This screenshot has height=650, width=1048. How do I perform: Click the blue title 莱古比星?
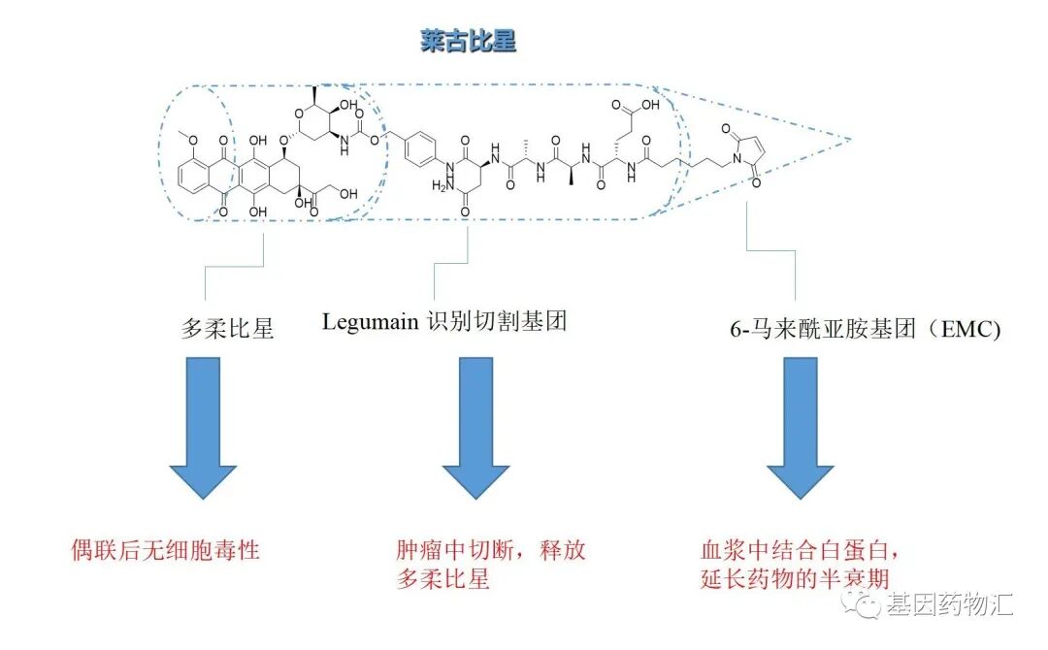468,42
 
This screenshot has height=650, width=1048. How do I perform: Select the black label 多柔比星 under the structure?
228,328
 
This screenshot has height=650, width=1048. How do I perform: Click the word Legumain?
371,321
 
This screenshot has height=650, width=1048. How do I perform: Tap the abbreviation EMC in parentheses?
970,329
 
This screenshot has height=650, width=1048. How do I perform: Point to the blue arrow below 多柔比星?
203,427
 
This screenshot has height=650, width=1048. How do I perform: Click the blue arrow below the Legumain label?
475,427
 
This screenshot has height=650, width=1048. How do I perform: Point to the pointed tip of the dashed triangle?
851,139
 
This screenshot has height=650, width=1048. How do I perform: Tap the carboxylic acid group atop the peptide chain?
640,104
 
